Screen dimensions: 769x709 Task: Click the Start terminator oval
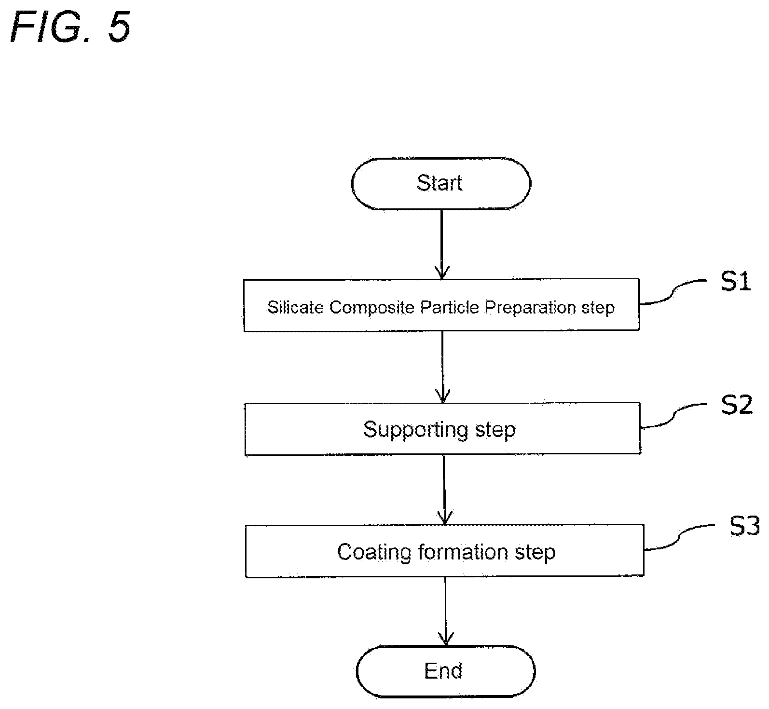click(x=441, y=184)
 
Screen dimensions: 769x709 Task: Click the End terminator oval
click(x=446, y=671)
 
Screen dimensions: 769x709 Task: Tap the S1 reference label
click(x=736, y=281)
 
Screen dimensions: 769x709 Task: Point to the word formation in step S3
click(x=463, y=552)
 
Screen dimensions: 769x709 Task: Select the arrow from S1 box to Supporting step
click(x=442, y=367)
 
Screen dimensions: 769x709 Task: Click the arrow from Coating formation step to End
click(x=445, y=612)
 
